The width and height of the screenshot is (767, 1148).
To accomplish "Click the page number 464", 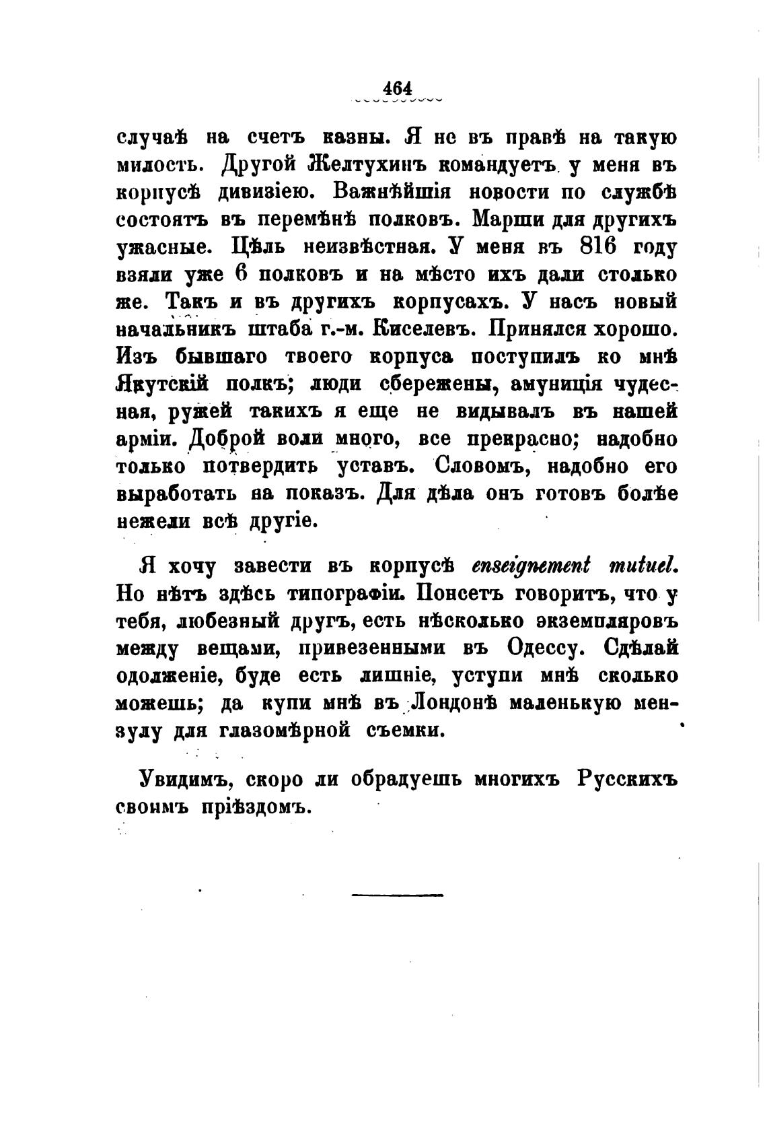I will click(397, 88).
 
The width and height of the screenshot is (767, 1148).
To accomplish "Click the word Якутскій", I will click(161, 384).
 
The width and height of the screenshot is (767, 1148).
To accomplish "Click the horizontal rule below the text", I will click(397, 895).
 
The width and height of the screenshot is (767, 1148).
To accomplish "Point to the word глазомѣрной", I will click(285, 731).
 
